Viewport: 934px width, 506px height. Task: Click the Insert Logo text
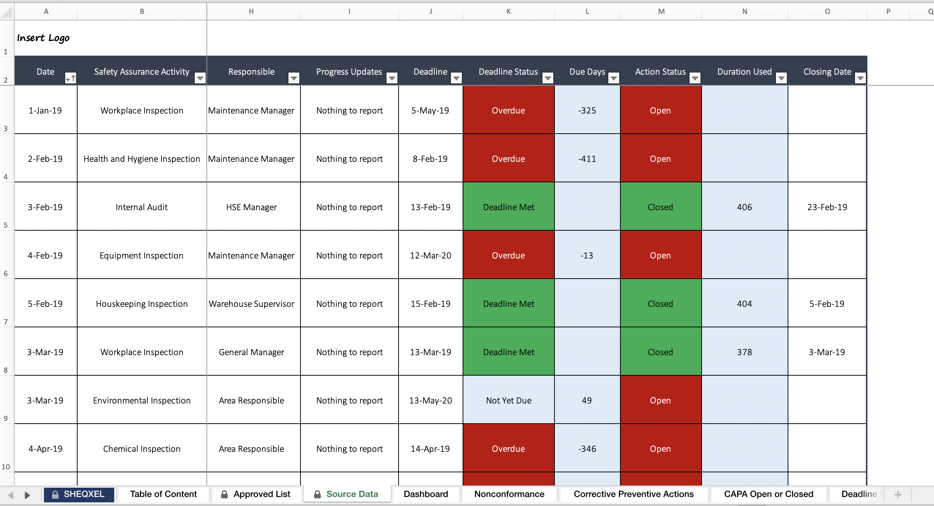tap(43, 38)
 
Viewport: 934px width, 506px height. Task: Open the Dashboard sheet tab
tap(426, 494)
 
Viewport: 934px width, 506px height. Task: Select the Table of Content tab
tap(163, 494)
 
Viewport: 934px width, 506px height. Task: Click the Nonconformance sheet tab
tap(509, 494)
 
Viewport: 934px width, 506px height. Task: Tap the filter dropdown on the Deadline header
tap(456, 78)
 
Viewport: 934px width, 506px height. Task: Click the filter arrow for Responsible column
tap(294, 78)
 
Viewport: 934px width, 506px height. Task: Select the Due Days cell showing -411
tap(587, 159)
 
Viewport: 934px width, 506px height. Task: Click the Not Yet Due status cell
tap(508, 401)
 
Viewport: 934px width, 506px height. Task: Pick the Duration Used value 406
tap(744, 207)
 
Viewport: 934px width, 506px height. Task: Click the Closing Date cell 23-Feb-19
tap(827, 207)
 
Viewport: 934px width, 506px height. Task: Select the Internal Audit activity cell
tap(142, 207)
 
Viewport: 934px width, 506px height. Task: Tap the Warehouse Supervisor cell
tap(251, 304)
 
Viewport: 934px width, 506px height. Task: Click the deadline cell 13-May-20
tap(430, 401)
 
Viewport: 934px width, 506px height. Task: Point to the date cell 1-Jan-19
tap(45, 111)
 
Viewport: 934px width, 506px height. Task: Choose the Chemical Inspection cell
tap(142, 449)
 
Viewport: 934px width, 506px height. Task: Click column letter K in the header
tap(508, 11)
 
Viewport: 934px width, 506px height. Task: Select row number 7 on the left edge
tap(6, 322)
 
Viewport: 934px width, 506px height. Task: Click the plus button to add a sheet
tap(898, 494)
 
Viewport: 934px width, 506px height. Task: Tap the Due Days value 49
tap(587, 401)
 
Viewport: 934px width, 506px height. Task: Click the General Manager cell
tap(251, 352)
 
